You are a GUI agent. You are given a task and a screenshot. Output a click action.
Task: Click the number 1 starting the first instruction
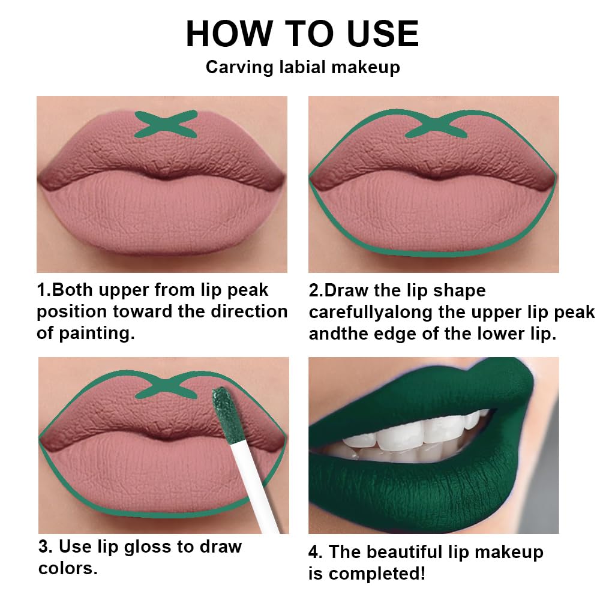(41, 290)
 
